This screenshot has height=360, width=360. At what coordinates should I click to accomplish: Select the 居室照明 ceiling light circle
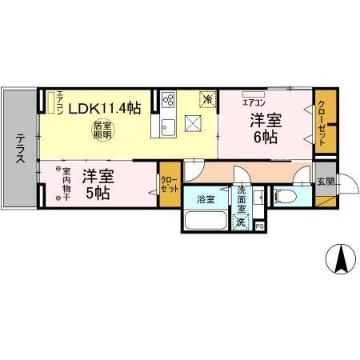point(102,130)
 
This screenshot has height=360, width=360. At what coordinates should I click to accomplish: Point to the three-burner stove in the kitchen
point(169,100)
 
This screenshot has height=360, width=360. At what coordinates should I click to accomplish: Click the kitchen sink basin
point(169,126)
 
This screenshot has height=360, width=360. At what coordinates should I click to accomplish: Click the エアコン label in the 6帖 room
point(254,102)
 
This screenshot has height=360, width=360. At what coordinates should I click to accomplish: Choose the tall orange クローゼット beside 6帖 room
point(323,120)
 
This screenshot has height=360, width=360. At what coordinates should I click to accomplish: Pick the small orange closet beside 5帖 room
point(169,186)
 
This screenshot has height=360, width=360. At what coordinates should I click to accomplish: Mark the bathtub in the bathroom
point(206,220)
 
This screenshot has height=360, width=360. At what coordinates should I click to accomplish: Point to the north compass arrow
point(340,258)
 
